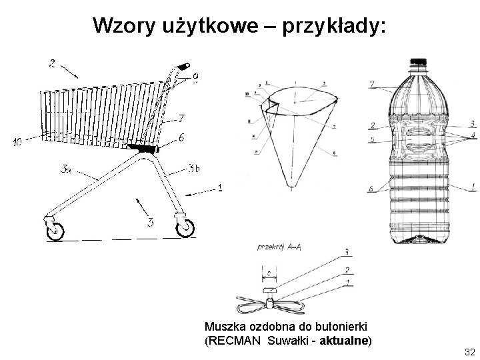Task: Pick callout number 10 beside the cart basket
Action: pos(17,141)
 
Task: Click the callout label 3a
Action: pos(66,171)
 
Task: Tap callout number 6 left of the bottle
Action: pos(371,189)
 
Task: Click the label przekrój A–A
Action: pos(278,247)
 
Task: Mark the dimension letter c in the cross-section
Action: pos(267,273)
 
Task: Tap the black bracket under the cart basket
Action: pos(143,148)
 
